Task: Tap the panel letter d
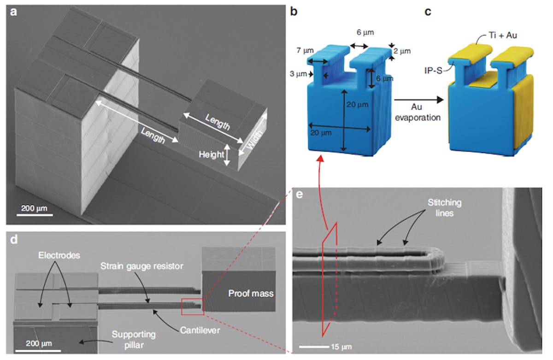tap(14, 240)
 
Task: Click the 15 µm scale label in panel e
tap(341, 346)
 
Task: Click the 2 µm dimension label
tap(402, 51)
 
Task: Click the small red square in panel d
tap(192, 307)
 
